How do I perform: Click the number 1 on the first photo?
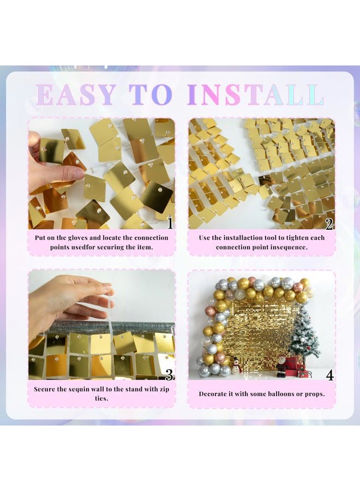coord(170,223)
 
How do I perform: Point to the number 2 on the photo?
coord(329,223)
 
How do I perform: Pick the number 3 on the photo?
coord(170,374)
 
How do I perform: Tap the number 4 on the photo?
coord(329,374)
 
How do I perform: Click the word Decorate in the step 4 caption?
coord(215,393)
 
